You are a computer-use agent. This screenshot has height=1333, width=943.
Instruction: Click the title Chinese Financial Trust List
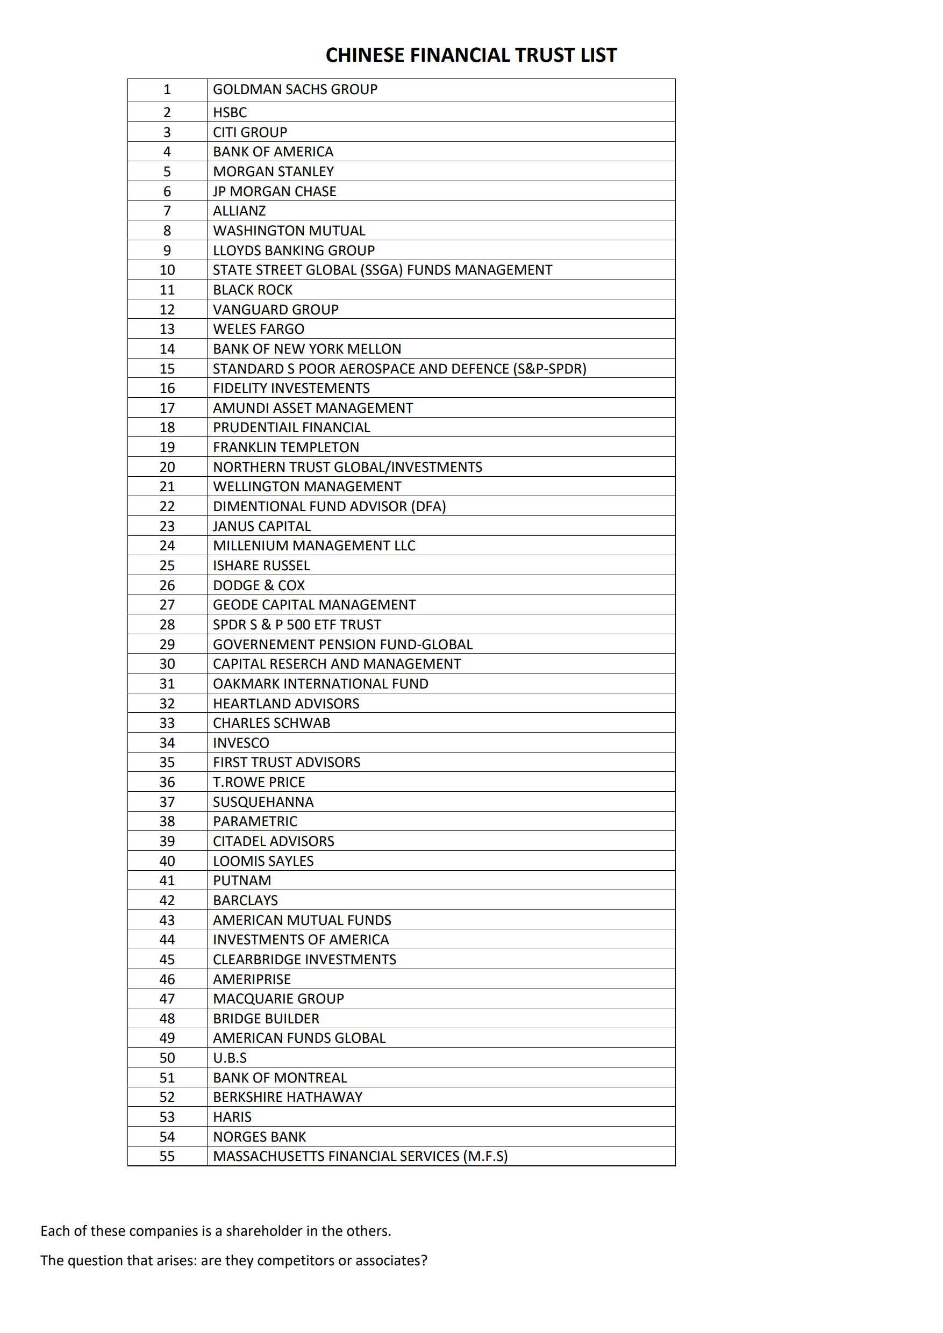pyautogui.click(x=471, y=55)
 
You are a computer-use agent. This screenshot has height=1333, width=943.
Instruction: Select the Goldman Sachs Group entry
pyautogui.click(x=295, y=89)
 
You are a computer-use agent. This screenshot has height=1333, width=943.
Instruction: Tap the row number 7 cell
pyautogui.click(x=167, y=211)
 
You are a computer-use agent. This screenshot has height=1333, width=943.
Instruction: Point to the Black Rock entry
pyautogui.click(x=253, y=290)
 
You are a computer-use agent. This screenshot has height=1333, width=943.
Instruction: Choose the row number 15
pyautogui.click(x=167, y=369)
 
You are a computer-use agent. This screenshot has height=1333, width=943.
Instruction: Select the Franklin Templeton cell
pyautogui.click(x=285, y=447)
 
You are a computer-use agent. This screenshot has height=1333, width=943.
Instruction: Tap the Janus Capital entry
pyautogui.click(x=261, y=526)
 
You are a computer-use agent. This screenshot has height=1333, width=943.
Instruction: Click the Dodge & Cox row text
pyautogui.click(x=259, y=585)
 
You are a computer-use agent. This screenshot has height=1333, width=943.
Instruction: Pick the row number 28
pyautogui.click(x=167, y=625)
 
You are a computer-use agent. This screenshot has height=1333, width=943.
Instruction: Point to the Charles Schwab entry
pyautogui.click(x=271, y=723)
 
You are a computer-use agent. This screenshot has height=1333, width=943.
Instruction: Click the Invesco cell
pyautogui.click(x=241, y=742)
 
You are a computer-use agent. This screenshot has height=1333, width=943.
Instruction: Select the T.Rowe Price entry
pyautogui.click(x=259, y=782)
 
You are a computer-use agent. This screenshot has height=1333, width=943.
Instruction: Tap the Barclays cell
pyautogui.click(x=245, y=900)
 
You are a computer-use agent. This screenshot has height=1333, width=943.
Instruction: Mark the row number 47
pyautogui.click(x=167, y=999)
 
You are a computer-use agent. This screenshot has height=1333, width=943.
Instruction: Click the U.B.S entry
pyautogui.click(x=230, y=1058)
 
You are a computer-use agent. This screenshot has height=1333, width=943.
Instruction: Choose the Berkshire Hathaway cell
pyautogui.click(x=288, y=1096)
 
